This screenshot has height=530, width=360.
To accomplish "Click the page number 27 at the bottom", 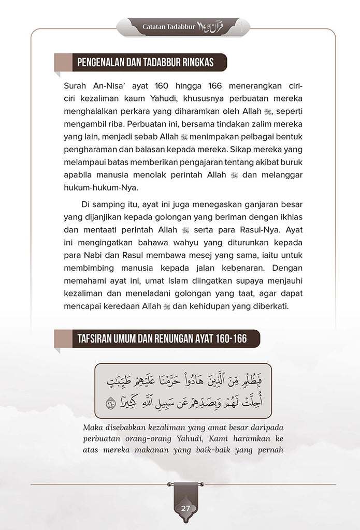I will tap(185, 508).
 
